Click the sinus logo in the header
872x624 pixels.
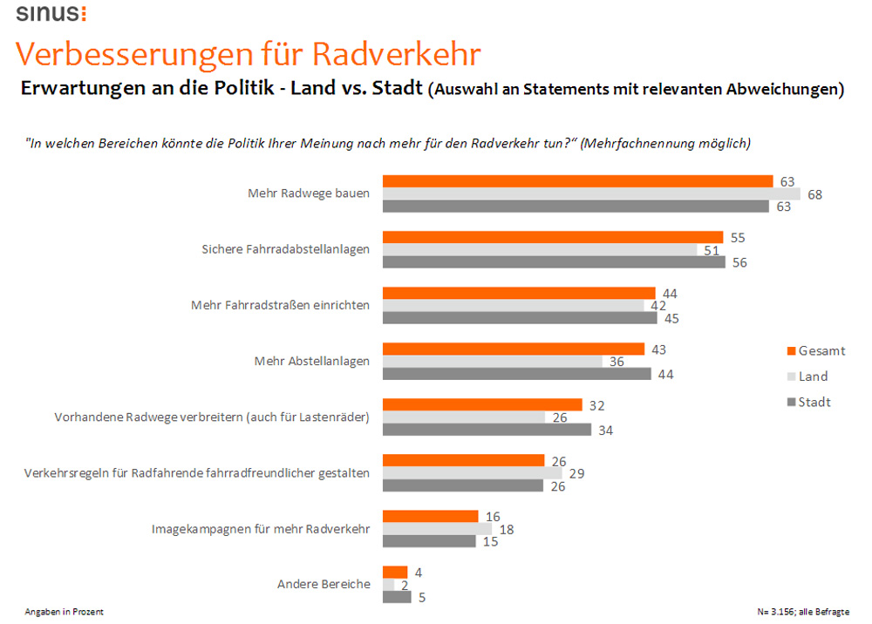[51, 13]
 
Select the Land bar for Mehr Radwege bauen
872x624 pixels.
[591, 193]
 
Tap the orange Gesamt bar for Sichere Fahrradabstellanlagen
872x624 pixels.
[553, 237]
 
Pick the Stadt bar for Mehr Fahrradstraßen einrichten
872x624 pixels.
[520, 318]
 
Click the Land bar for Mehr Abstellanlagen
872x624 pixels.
[493, 362]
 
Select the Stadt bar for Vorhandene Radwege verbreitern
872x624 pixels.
[487, 430]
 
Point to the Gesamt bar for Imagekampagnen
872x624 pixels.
[431, 516]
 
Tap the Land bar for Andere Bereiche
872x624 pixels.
[389, 584]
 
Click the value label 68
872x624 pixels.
[814, 194]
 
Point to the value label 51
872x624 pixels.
[712, 250]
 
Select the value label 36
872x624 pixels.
[617, 362]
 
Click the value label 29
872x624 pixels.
[576, 473]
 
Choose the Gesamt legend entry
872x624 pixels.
[815, 350]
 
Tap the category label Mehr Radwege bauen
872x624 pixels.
[309, 193]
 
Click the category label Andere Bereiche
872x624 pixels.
[324, 584]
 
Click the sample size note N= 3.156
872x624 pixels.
[803, 612]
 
